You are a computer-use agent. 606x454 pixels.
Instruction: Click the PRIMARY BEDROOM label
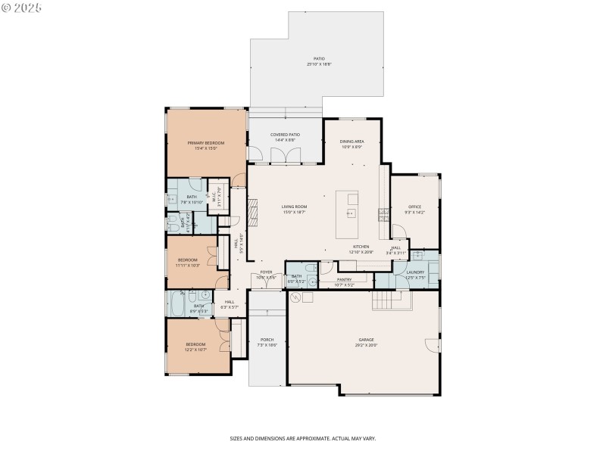(x=206, y=142)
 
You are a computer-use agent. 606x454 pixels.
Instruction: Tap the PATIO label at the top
(x=319, y=58)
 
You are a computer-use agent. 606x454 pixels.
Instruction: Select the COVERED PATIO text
(x=285, y=135)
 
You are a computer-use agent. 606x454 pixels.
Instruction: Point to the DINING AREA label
(x=352, y=141)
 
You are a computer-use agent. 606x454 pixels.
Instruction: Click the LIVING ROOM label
(x=294, y=207)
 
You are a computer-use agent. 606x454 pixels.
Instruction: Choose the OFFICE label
(x=414, y=207)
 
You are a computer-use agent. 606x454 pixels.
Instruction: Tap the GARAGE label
(x=367, y=340)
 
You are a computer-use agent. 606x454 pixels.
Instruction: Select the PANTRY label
(x=345, y=279)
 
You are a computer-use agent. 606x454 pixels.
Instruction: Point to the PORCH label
(x=267, y=340)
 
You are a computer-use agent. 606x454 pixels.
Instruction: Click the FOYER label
(x=267, y=272)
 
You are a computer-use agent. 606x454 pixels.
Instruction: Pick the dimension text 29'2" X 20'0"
(x=367, y=345)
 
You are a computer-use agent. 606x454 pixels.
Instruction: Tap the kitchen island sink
(x=351, y=214)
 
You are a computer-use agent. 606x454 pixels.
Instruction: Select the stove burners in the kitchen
(x=385, y=214)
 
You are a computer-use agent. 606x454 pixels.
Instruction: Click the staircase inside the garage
(x=391, y=301)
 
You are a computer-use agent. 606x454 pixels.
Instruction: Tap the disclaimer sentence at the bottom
(x=303, y=438)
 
